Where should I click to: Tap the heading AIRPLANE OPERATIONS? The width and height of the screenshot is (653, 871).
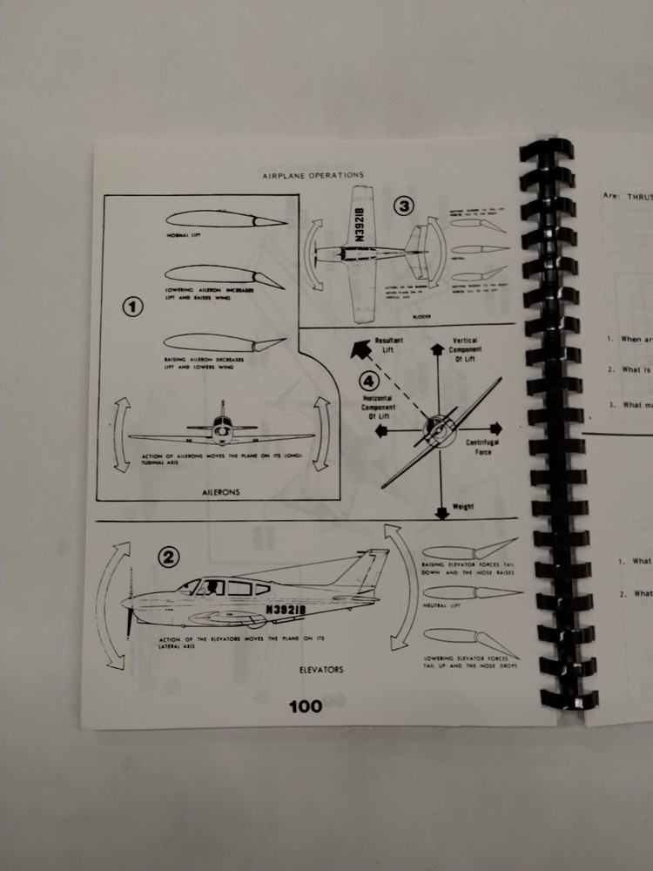pyautogui.click(x=313, y=175)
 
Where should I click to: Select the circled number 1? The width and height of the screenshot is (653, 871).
pyautogui.click(x=131, y=307)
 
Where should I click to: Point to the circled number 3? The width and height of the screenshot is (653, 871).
pyautogui.click(x=403, y=206)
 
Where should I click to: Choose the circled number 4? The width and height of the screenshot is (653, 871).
pyautogui.click(x=370, y=380)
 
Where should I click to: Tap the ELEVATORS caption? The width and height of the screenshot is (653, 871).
pyautogui.click(x=319, y=670)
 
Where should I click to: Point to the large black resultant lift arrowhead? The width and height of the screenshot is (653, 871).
pyautogui.click(x=354, y=350)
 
